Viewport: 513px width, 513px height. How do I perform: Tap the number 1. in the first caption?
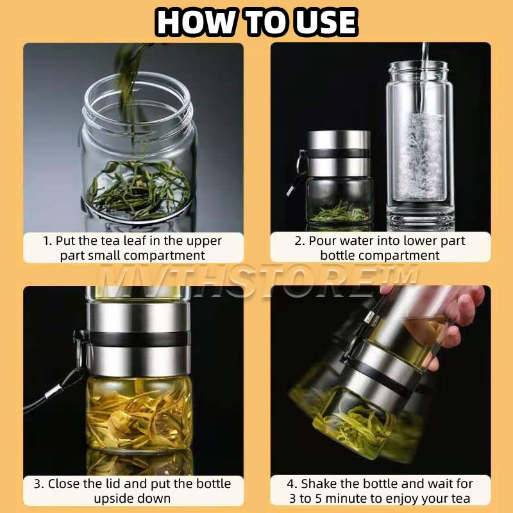click(x=47, y=241)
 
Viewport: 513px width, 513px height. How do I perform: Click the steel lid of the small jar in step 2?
click(x=339, y=154)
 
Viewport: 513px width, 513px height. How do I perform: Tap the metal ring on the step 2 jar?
click(x=301, y=163)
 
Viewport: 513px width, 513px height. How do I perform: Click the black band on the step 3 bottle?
click(x=138, y=339)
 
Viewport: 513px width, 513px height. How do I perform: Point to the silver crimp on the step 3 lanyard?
click(x=53, y=391)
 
